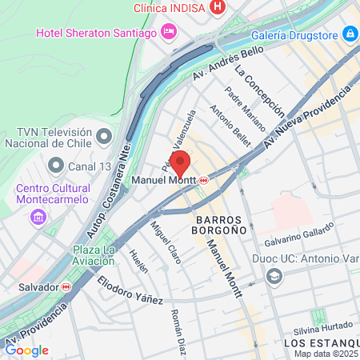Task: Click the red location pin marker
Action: [x=180, y=161]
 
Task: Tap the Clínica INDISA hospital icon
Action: [x=216, y=7]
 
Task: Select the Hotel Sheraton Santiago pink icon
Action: [x=169, y=32]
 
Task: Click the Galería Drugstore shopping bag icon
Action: [x=349, y=34]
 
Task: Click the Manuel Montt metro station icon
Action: [x=205, y=180]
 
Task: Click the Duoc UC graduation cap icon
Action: [x=275, y=276]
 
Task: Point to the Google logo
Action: [x=26, y=350]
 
